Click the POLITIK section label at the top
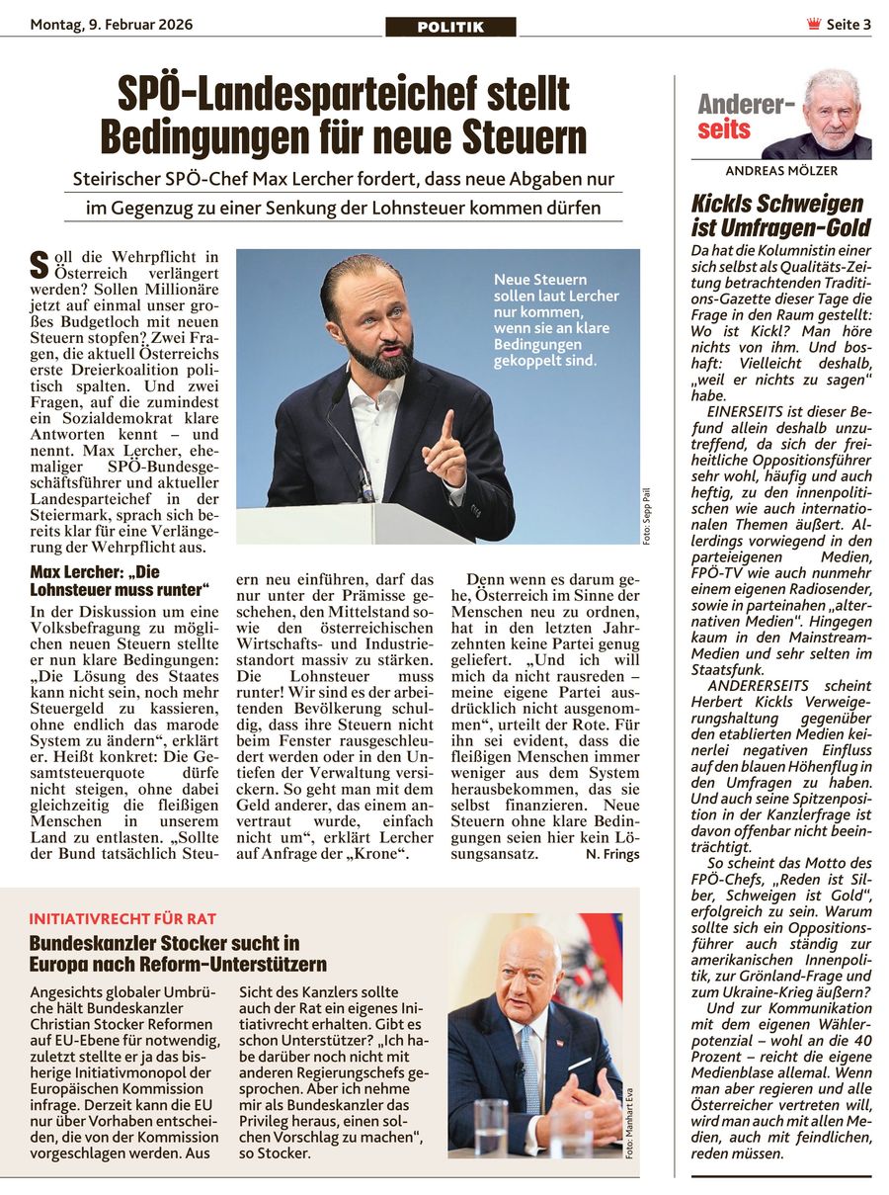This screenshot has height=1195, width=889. [450, 28]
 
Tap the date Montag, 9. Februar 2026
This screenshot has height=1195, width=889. [112, 25]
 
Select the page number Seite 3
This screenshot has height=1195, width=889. [849, 25]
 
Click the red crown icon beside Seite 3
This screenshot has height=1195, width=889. [814, 25]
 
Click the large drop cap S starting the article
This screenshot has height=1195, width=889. [40, 264]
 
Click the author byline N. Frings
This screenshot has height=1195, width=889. [611, 854]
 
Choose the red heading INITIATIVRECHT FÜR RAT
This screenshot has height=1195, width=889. [122, 918]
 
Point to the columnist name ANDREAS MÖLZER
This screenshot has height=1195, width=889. [780, 171]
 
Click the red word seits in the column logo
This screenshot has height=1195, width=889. [724, 129]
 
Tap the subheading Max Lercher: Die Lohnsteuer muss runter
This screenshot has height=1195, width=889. [120, 581]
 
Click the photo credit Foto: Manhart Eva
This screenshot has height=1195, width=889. [630, 1120]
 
